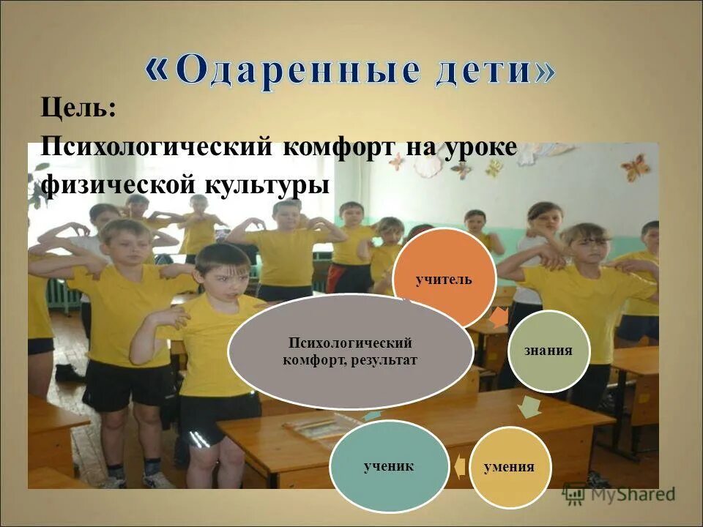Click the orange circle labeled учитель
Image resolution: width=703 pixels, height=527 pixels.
pos(444,279)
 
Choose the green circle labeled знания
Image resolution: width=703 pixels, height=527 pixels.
pos(548,351)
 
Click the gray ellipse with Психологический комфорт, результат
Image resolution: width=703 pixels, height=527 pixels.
pos(350,351)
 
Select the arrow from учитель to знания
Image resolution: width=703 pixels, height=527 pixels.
pos(498,316)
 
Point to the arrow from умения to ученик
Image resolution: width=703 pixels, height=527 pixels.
pos(458,466)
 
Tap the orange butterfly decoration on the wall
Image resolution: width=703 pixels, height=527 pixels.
pos(635,167)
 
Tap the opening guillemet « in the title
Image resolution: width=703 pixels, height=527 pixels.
pos(156,70)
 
